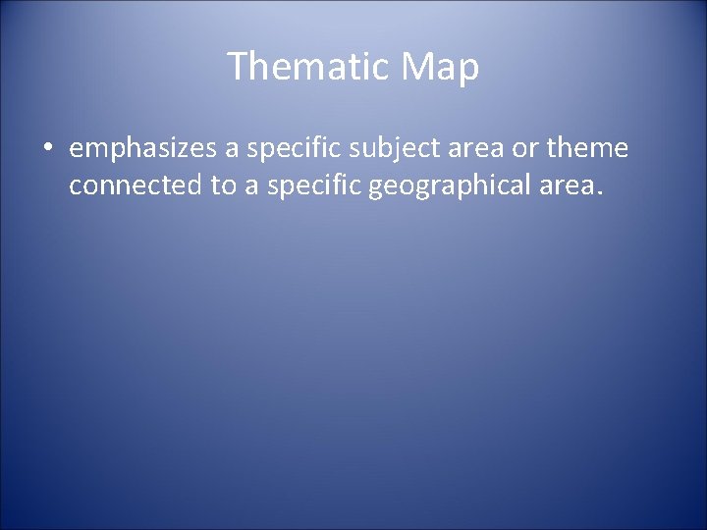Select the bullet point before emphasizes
pyautogui.click(x=48, y=149)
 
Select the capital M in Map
pyautogui.click(x=418, y=68)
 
